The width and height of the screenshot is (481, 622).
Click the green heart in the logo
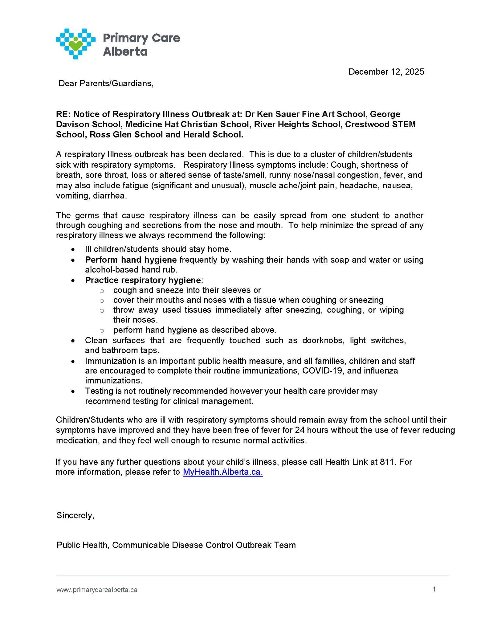click(76, 45)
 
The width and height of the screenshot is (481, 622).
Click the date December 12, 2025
click(386, 72)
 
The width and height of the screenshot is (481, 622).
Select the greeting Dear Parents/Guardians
click(106, 83)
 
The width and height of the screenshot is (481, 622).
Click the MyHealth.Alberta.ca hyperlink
click(223, 472)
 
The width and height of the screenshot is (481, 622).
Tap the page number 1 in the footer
click(434, 589)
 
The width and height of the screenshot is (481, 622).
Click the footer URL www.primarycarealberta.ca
click(97, 590)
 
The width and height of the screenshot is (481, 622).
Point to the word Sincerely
click(75, 515)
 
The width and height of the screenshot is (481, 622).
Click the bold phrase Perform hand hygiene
click(131, 260)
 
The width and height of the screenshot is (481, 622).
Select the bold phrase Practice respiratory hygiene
click(143, 280)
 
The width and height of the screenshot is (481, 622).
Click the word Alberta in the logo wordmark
click(125, 52)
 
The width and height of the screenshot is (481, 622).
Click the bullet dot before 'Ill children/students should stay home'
click(73, 250)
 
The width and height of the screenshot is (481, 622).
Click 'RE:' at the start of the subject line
click(63, 114)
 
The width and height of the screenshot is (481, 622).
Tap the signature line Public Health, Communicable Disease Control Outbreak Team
click(176, 545)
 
